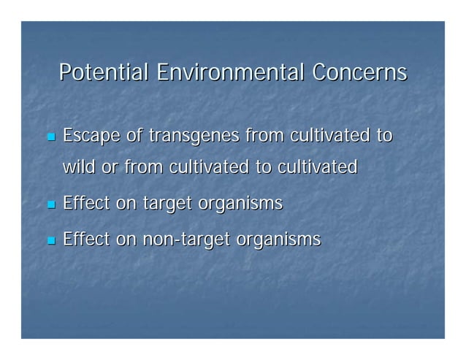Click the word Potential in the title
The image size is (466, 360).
(x=104, y=74)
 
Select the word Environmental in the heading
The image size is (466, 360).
(x=230, y=74)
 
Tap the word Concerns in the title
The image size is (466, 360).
(x=359, y=74)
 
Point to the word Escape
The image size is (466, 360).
(x=93, y=137)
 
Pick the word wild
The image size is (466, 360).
(x=80, y=167)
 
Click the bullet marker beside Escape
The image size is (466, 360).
(x=50, y=137)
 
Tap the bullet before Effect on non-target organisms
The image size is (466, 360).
(x=50, y=240)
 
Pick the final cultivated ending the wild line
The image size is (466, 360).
(x=316, y=167)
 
